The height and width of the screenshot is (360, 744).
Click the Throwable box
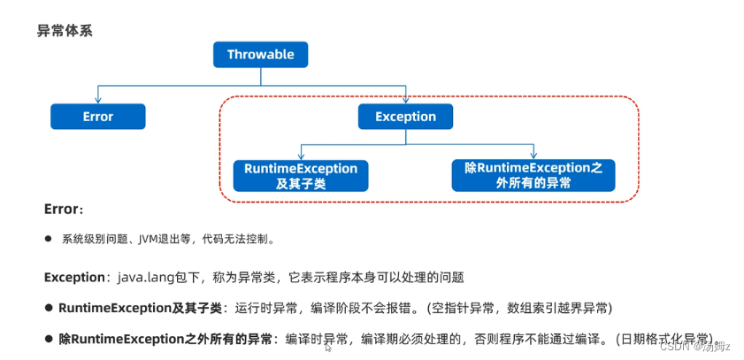click(260, 55)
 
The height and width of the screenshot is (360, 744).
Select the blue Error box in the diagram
click(97, 117)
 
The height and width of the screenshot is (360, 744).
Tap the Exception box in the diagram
click(405, 117)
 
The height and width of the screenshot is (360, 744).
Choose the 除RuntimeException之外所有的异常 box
click(533, 175)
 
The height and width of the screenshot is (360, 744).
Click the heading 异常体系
click(65, 31)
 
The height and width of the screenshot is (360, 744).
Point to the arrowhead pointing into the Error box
click(97, 100)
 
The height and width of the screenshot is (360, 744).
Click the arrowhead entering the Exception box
click(405, 100)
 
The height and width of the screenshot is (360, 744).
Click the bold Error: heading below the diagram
click(64, 210)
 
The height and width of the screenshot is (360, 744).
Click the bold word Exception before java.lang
click(74, 277)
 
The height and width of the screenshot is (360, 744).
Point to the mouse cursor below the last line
click(328, 348)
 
